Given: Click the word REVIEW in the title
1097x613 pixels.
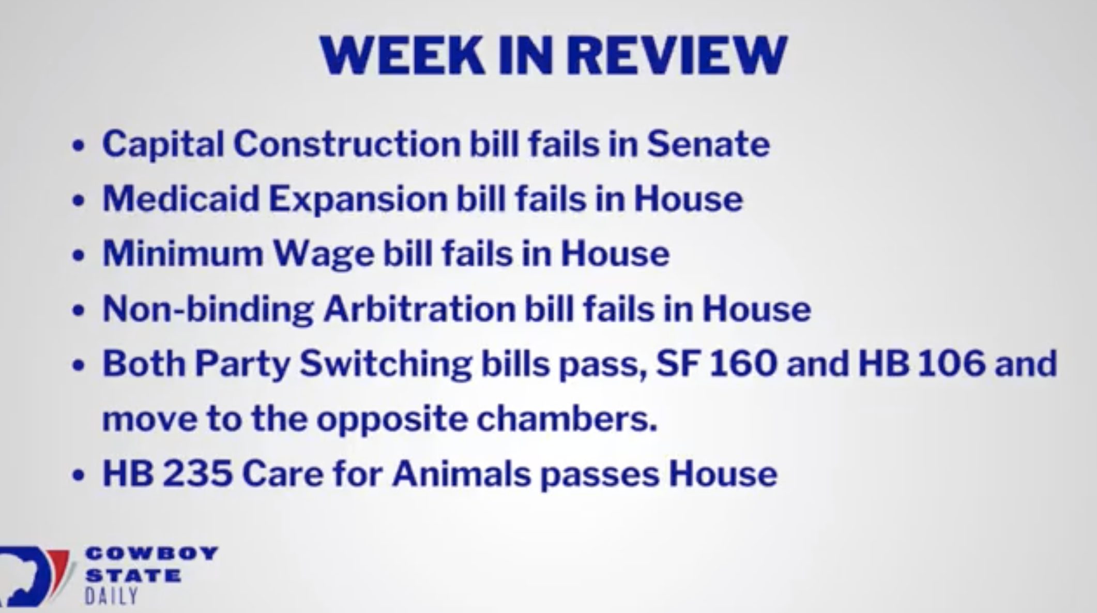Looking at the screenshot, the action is click(x=677, y=55).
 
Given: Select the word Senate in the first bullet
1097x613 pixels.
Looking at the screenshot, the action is click(x=708, y=143).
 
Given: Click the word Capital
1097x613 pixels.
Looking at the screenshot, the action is click(x=163, y=144).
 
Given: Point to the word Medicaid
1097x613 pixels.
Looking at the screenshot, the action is click(x=181, y=198).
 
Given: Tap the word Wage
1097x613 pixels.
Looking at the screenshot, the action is click(x=324, y=255).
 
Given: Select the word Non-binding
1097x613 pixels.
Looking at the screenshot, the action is click(x=208, y=310).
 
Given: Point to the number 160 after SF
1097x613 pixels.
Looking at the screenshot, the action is click(x=743, y=363).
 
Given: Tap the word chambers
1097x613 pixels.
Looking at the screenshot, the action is click(x=567, y=419).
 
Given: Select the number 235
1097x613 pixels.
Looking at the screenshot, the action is click(x=197, y=473).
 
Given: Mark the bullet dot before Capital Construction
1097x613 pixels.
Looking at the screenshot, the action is click(x=78, y=146).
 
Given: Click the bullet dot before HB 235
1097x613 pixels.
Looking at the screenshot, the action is click(x=78, y=475).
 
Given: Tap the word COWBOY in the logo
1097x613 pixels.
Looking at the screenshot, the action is click(x=151, y=554).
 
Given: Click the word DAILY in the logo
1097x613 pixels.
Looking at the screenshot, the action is click(x=111, y=596).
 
